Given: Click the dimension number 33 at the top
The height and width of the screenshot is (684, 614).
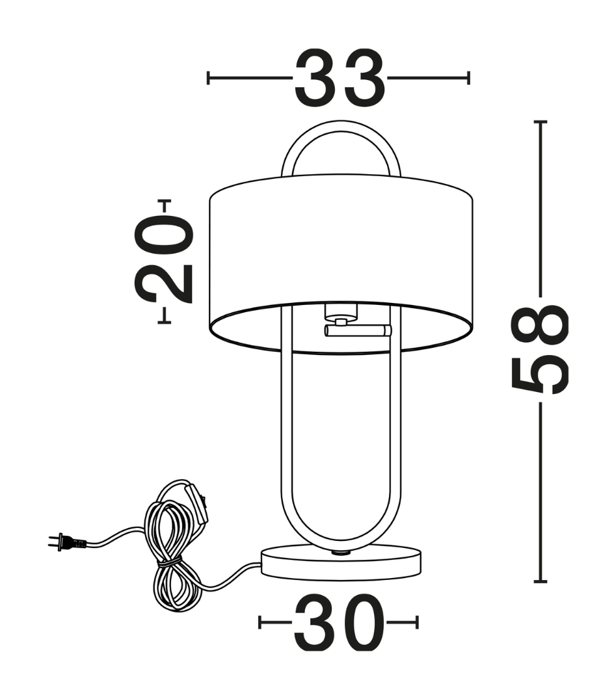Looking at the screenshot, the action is (x=340, y=78).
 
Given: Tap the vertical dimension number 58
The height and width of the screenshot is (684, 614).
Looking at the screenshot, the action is (x=540, y=349).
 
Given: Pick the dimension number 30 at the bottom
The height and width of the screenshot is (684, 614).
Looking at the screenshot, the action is (x=340, y=622).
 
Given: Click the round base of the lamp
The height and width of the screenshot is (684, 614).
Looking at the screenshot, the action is (x=341, y=566).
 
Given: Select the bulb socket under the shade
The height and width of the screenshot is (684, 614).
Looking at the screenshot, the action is (x=341, y=313).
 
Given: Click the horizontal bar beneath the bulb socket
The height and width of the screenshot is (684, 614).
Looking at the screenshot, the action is (x=358, y=331).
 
